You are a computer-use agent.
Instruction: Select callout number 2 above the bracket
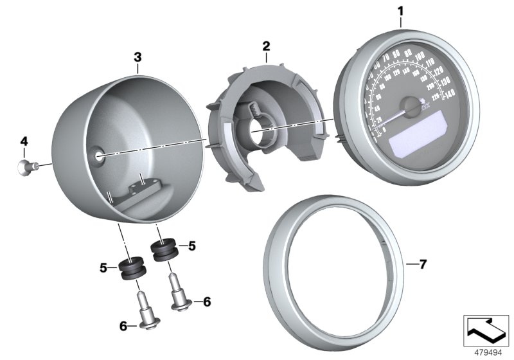[266, 46]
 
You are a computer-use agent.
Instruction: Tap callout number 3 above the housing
[137, 57]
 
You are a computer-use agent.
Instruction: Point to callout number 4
[24, 141]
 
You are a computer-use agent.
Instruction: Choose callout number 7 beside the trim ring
[421, 264]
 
